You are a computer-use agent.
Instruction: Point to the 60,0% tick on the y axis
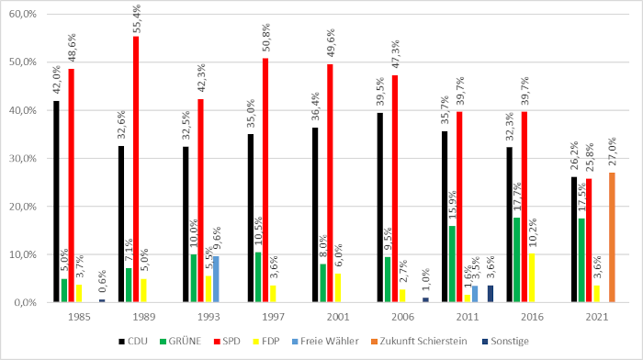pos(20,15)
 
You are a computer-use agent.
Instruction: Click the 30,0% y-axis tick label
pos(20,158)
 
